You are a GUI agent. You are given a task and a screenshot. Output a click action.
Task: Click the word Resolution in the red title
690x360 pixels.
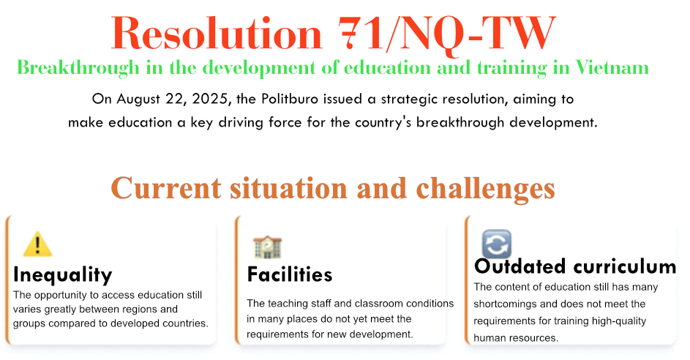[217, 34]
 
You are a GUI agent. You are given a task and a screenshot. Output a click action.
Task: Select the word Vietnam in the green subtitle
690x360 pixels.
[612, 68]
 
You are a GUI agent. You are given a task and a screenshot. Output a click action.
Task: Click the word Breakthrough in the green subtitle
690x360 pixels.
[78, 68]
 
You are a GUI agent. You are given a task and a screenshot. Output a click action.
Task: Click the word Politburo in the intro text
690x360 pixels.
[290, 99]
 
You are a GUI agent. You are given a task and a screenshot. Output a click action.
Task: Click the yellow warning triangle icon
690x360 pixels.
[37, 244]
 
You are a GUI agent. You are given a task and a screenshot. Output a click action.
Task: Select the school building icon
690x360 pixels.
[267, 247]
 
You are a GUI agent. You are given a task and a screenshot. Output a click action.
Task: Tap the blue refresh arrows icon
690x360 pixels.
[497, 244]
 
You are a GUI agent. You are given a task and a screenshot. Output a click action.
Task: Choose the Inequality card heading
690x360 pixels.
[62, 275]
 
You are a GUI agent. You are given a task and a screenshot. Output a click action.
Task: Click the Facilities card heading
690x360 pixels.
[290, 274]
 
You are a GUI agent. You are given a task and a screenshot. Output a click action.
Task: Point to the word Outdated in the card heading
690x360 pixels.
[514, 266]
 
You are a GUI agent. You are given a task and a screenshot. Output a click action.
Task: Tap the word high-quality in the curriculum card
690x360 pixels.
[619, 321]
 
